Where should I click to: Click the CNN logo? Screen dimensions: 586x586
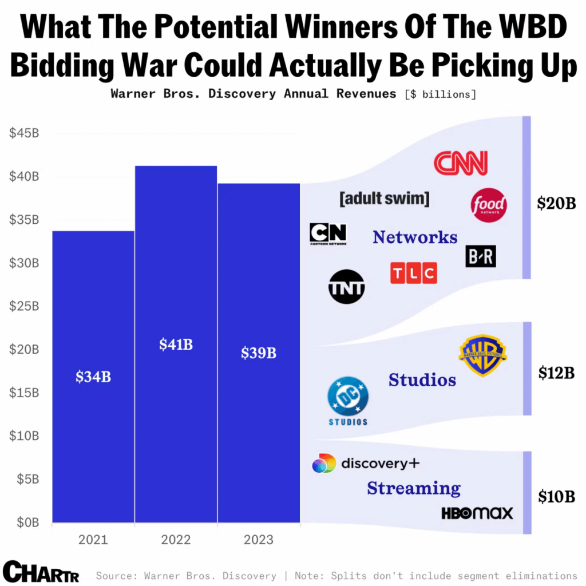(x=461, y=163)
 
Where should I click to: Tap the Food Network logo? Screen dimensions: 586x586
(x=489, y=205)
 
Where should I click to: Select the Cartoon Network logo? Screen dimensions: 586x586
(x=328, y=234)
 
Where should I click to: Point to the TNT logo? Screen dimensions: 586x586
(x=346, y=286)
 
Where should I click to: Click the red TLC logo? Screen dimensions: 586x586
(x=413, y=273)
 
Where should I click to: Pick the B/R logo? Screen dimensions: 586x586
(x=481, y=256)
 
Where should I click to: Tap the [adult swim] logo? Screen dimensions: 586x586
(x=384, y=199)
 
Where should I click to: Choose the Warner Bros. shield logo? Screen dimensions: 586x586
(x=482, y=356)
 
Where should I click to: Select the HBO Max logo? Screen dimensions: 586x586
(x=477, y=513)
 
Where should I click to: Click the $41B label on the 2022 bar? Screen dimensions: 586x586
(x=176, y=345)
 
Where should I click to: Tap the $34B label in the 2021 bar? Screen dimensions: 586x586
(x=93, y=377)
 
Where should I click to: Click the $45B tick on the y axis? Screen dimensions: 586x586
(x=24, y=133)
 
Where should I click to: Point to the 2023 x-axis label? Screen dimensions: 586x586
(x=259, y=540)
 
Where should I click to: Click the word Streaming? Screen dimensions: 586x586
(x=414, y=488)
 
